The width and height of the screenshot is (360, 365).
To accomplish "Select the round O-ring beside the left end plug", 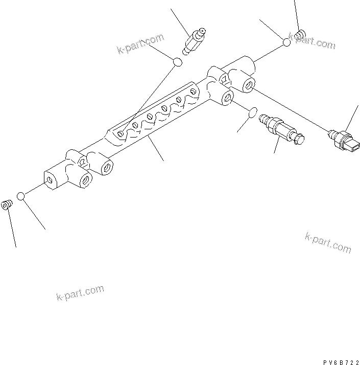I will pyautogui.click(x=21, y=196).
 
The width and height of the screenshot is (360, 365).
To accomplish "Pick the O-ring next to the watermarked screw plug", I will pyautogui.click(x=287, y=42).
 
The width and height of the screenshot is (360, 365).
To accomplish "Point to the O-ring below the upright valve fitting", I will pyautogui.click(x=177, y=62).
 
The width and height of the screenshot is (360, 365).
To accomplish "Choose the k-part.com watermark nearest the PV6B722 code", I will pyautogui.click(x=328, y=242).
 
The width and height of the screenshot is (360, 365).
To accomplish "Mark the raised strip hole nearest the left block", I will pyautogui.click(x=120, y=133).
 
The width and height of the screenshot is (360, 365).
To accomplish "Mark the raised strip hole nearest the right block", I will pyautogui.click(x=193, y=91).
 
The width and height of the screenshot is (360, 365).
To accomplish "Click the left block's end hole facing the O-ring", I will pyautogui.click(x=50, y=180).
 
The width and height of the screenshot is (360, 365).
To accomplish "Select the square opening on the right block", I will pyautogui.click(x=223, y=78).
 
